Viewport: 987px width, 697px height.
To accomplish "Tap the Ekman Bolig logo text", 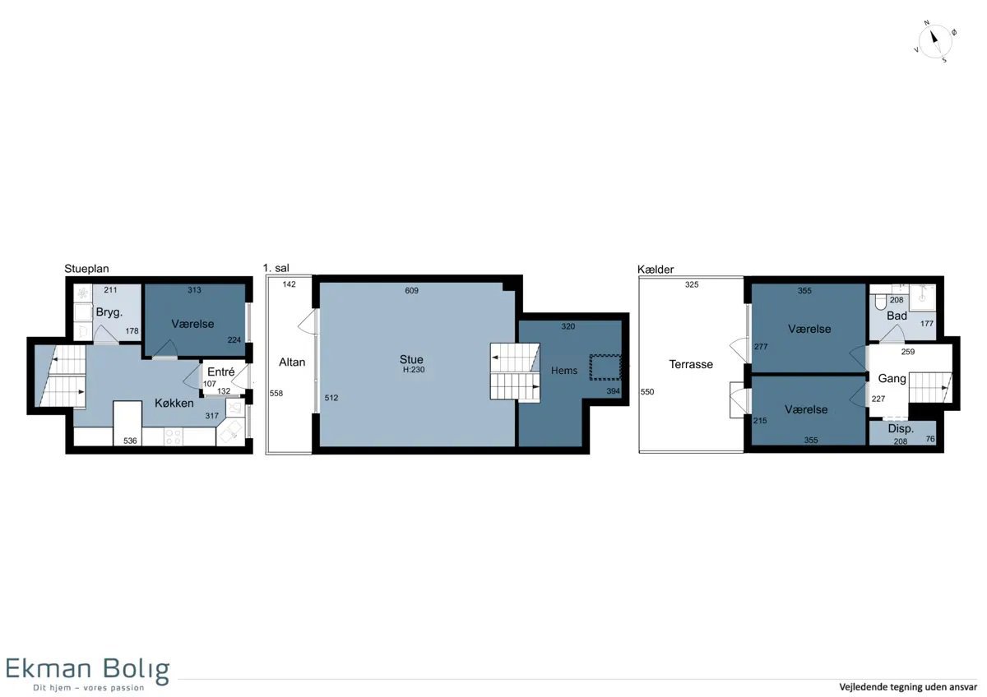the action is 88,669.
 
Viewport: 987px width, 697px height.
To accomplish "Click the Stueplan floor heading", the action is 86,269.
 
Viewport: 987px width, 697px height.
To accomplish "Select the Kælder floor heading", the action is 656,270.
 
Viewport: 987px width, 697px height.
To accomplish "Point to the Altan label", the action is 292,362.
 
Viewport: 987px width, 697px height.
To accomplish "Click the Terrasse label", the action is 690,364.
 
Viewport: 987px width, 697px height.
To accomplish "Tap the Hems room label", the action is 564,371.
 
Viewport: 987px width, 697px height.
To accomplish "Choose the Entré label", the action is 220,372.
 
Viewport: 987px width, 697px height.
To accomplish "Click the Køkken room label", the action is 174,403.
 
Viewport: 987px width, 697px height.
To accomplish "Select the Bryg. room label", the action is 109,313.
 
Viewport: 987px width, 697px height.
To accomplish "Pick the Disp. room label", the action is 901,428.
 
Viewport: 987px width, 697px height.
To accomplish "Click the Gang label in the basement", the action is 892,379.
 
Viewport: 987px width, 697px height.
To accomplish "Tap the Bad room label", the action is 897,316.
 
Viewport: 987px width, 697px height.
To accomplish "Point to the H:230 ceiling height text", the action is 413,370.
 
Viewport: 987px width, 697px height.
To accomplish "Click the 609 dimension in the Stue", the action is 411,291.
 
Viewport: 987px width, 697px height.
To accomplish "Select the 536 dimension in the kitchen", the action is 130,441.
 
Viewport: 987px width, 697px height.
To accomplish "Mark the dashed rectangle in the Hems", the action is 605,367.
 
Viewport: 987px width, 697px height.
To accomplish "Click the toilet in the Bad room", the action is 881,301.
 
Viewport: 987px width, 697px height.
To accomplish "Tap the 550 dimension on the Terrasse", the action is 647,392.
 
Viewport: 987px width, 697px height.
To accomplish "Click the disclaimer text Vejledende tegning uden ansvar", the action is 908,687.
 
